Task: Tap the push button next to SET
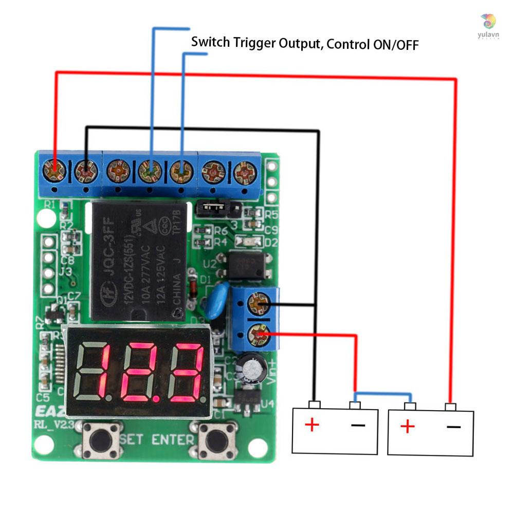pos(102,439)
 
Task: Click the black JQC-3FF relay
pos(139,262)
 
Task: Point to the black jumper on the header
pos(212,208)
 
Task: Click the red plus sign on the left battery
pos(311,425)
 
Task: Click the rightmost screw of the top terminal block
pos(245,172)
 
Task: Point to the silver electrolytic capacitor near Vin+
pos(252,369)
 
